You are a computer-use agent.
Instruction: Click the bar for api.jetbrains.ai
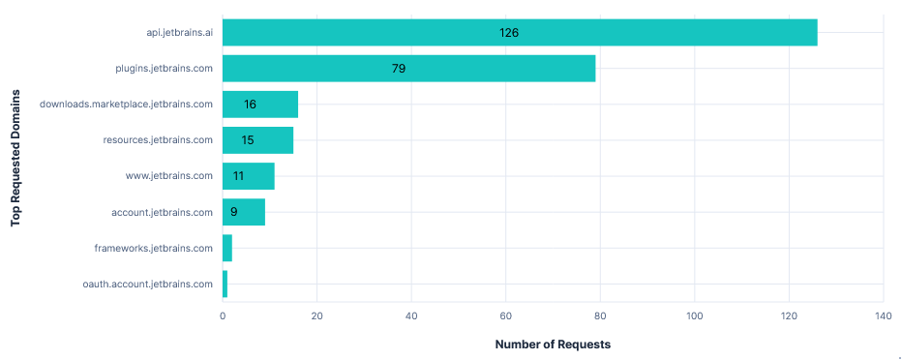tap(520, 32)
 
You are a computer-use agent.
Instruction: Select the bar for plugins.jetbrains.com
tap(408, 69)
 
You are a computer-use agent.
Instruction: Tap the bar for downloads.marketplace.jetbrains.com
tap(260, 105)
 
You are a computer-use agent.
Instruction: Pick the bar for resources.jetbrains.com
tap(257, 140)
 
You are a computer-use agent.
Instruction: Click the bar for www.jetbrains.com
tap(249, 176)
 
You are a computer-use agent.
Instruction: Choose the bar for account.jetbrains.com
tap(244, 212)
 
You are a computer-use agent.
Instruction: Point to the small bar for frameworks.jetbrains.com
tap(227, 248)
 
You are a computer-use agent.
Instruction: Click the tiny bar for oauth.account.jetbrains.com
tap(225, 284)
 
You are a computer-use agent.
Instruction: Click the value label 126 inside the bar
tap(509, 33)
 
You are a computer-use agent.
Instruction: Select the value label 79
tap(398, 69)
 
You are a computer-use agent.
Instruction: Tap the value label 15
tap(248, 140)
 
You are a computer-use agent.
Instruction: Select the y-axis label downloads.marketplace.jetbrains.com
tap(126, 105)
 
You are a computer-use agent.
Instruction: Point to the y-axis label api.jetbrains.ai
tap(173, 33)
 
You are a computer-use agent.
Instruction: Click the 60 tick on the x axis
tap(506, 315)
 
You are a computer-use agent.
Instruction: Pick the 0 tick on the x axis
tap(223, 315)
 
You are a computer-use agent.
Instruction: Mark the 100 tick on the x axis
tap(695, 315)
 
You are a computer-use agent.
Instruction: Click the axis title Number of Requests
tap(553, 344)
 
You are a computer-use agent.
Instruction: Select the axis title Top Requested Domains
tap(15, 158)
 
